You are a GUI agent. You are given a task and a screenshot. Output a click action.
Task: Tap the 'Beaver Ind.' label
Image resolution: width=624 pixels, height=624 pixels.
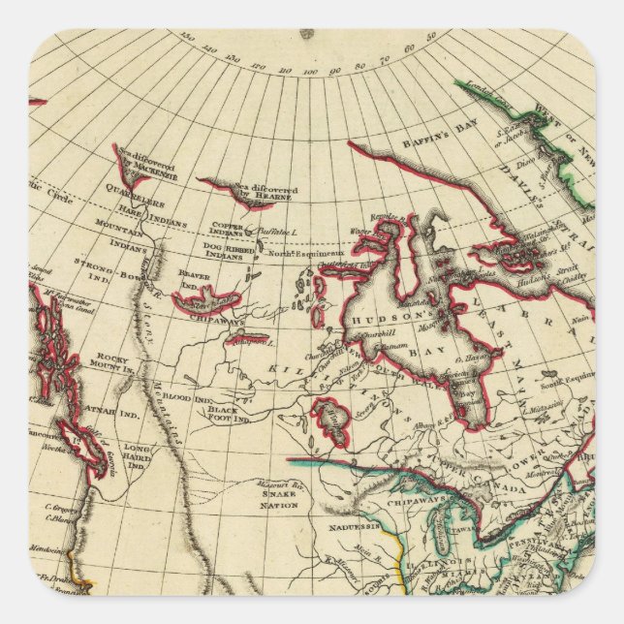point(195,279)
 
